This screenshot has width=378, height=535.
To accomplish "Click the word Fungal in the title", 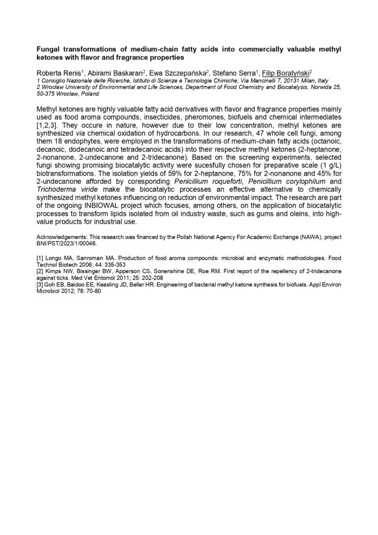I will click(x=49, y=49).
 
